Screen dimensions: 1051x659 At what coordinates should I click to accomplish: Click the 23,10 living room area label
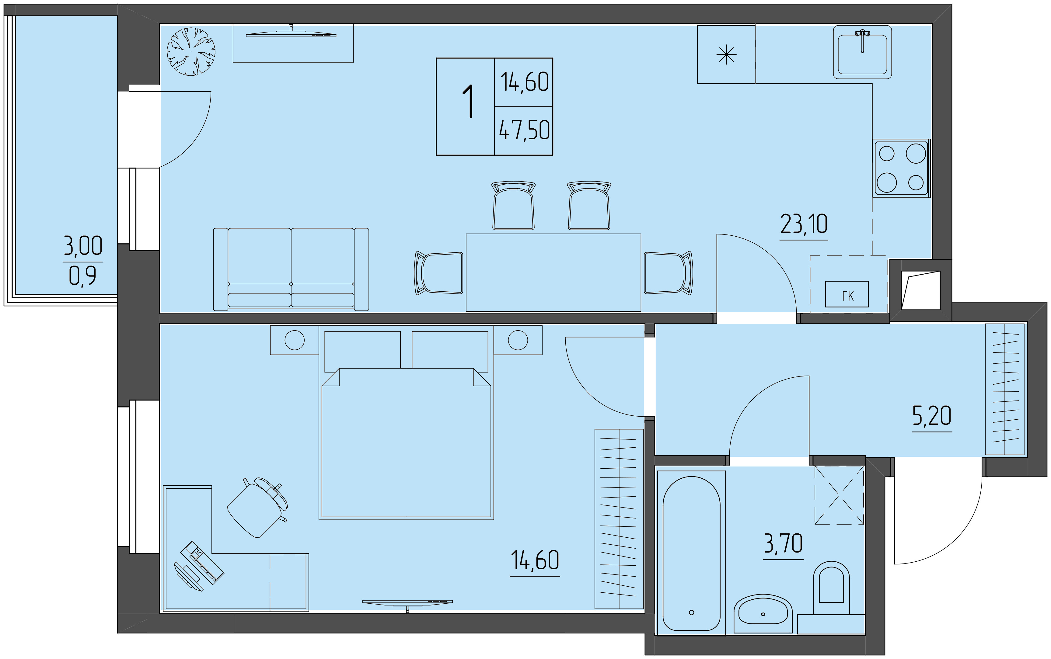click(x=804, y=224)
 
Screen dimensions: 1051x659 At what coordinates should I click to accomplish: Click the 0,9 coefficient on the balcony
click(x=82, y=276)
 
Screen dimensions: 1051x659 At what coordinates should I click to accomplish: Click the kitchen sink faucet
click(x=862, y=40)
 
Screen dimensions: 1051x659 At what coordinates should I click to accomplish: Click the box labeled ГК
click(x=847, y=294)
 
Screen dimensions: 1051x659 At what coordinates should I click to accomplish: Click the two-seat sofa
click(x=291, y=269)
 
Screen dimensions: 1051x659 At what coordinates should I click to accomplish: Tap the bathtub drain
click(x=692, y=612)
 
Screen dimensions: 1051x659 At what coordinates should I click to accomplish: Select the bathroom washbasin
click(x=763, y=613)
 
